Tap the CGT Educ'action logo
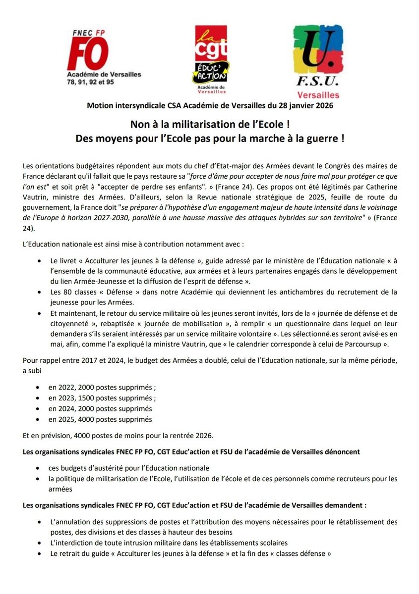210,59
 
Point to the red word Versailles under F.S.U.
318,95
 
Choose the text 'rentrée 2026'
189,436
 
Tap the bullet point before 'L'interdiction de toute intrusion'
39,543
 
